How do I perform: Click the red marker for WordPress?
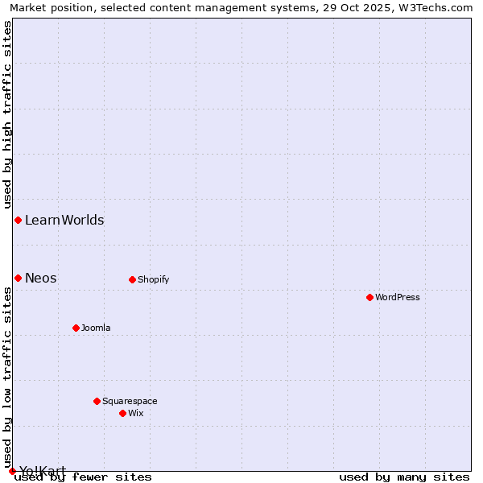click(369, 297)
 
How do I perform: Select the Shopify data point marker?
click(132, 279)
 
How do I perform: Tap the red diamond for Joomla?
click(76, 328)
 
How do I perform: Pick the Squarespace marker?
click(97, 401)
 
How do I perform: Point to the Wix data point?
click(122, 413)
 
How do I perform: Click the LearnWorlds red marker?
click(18, 220)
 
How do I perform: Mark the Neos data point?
click(18, 278)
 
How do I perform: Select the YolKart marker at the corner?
click(12, 471)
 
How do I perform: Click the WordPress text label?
click(398, 297)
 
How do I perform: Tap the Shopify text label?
click(153, 279)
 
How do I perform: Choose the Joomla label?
click(96, 328)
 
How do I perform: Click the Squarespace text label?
click(130, 401)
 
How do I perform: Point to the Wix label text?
click(135, 413)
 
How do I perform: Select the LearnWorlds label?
click(64, 220)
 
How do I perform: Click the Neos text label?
click(41, 278)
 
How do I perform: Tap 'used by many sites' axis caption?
click(404, 477)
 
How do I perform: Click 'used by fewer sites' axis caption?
click(84, 477)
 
